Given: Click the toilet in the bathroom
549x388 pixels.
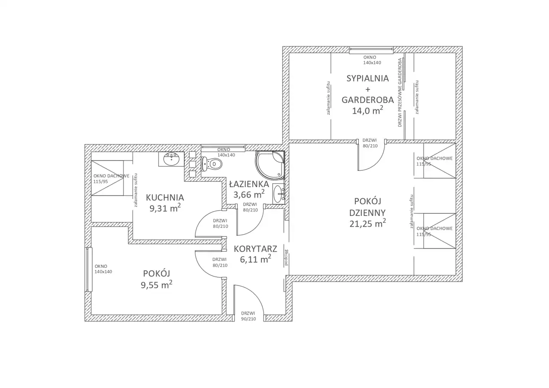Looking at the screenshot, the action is pyautogui.click(x=212, y=164).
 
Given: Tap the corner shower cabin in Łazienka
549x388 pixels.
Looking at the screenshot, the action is pyautogui.click(x=270, y=165).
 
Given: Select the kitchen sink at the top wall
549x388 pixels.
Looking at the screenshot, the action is pyautogui.click(x=171, y=159).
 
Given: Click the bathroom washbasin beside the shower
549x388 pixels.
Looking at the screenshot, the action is pyautogui.click(x=279, y=194).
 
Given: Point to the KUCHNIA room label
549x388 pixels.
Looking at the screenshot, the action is pyautogui.click(x=165, y=197).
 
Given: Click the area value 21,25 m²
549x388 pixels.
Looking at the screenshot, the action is pyautogui.click(x=367, y=223).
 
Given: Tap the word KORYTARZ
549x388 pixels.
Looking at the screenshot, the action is pyautogui.click(x=255, y=249).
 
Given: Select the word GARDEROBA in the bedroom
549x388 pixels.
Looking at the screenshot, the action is pyautogui.click(x=367, y=100).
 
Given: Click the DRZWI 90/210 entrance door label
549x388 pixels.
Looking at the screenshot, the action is pyautogui.click(x=248, y=316).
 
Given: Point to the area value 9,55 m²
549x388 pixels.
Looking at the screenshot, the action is pyautogui.click(x=156, y=285).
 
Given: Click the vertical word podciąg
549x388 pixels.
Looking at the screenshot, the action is pyautogui.click(x=286, y=258).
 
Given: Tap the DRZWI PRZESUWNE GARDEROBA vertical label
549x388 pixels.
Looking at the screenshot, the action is pyautogui.click(x=400, y=92).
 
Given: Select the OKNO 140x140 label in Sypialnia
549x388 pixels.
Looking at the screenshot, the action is pyautogui.click(x=372, y=60).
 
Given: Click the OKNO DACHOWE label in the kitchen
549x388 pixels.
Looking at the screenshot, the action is pyautogui.click(x=111, y=179).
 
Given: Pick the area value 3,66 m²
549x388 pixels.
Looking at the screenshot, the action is pyautogui.click(x=249, y=194).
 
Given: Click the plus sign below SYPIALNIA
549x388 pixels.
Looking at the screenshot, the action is pyautogui.click(x=367, y=89).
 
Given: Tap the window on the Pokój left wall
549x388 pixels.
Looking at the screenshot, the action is pyautogui.click(x=89, y=270).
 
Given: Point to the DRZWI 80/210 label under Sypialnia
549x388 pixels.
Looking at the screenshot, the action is pyautogui.click(x=370, y=143).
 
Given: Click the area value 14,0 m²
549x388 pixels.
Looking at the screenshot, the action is pyautogui.click(x=367, y=111).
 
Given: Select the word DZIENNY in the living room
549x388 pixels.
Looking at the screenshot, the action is pyautogui.click(x=367, y=212).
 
